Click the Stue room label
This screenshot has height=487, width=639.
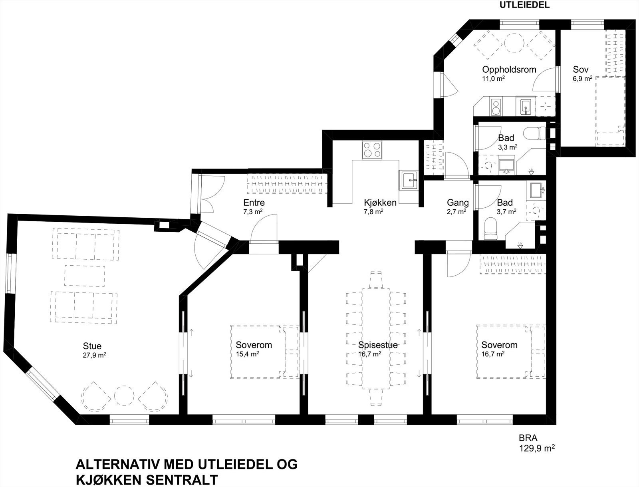pyautogui.click(x=92, y=346)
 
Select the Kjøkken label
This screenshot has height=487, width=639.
pyautogui.click(x=380, y=203)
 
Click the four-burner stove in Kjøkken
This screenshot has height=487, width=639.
pyautogui.click(x=371, y=151)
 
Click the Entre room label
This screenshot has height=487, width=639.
pyautogui.click(x=254, y=203)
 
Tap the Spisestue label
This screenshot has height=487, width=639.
pyautogui.click(x=378, y=345)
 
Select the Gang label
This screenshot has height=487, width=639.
pyautogui.click(x=458, y=203)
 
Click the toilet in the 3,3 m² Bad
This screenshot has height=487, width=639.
pyautogui.click(x=535, y=132)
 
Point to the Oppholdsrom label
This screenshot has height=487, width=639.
pyautogui.click(x=509, y=70)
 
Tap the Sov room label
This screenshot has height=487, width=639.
pyautogui.click(x=581, y=70)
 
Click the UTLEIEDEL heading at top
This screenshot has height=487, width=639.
pyautogui.click(x=524, y=5)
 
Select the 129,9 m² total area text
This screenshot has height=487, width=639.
pyautogui.click(x=536, y=448)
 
